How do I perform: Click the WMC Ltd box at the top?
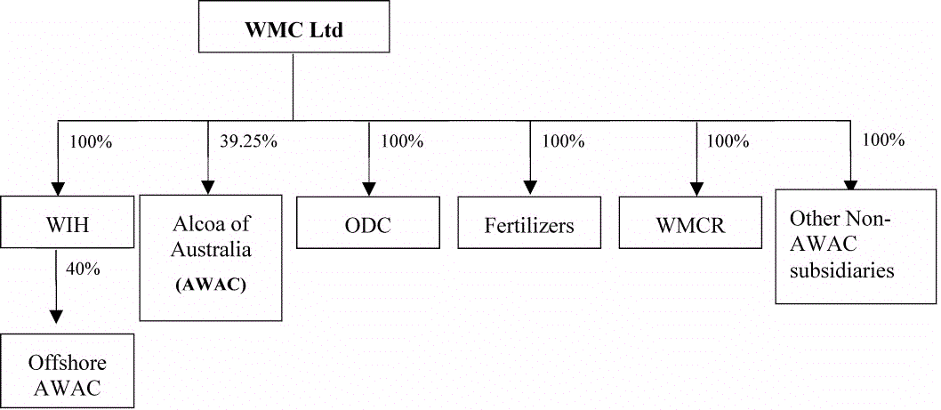click(294, 30)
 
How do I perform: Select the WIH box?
click(59, 222)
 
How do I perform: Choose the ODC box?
click(368, 223)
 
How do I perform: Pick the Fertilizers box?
click(529, 223)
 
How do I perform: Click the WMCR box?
click(691, 223)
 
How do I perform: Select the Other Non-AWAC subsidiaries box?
click(856, 246)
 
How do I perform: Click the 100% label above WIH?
click(90, 141)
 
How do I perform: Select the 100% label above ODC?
click(402, 141)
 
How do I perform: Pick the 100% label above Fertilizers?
click(564, 141)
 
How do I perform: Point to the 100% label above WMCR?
click(726, 141)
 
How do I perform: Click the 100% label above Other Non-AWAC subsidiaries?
click(883, 140)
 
